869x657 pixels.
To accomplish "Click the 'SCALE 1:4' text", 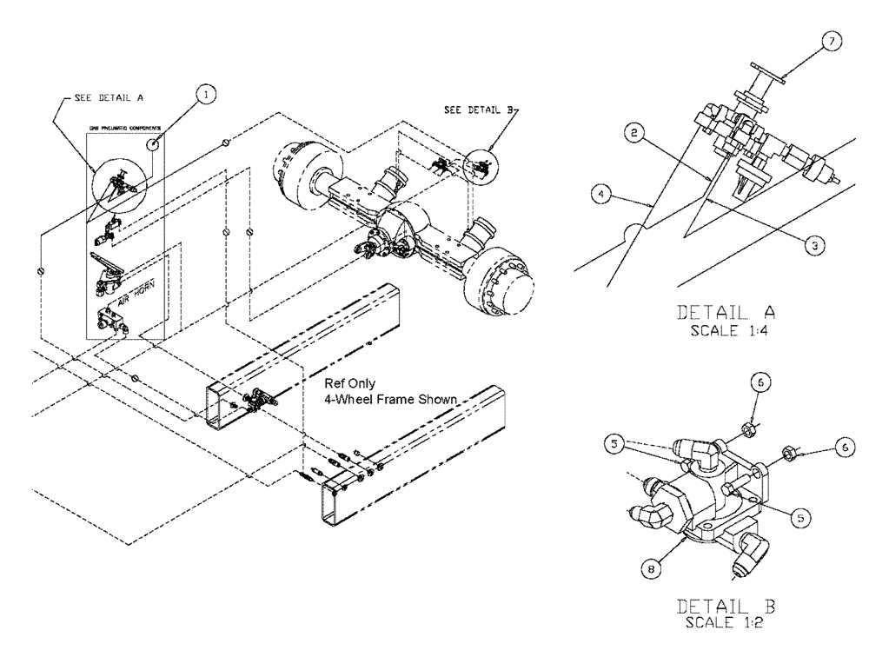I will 725,330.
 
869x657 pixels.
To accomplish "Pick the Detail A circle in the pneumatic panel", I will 119,183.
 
